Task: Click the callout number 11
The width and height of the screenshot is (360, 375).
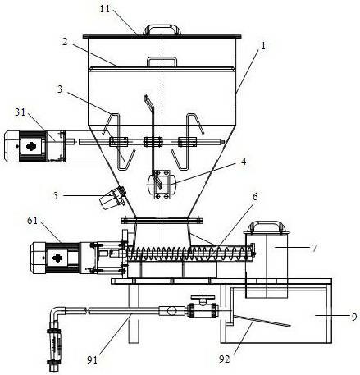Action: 104,9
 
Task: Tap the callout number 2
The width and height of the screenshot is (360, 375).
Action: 65,42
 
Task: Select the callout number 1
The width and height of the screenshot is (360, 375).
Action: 263,46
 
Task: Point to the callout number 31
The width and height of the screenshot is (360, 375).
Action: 20,112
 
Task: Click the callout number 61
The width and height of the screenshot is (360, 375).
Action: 33,221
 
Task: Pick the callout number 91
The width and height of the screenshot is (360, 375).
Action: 92,360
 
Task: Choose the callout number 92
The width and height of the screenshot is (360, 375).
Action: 224,359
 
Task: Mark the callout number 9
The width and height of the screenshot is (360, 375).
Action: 354,317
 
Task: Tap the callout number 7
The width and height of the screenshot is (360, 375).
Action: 314,248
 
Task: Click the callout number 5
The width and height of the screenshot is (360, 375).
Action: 56,196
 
